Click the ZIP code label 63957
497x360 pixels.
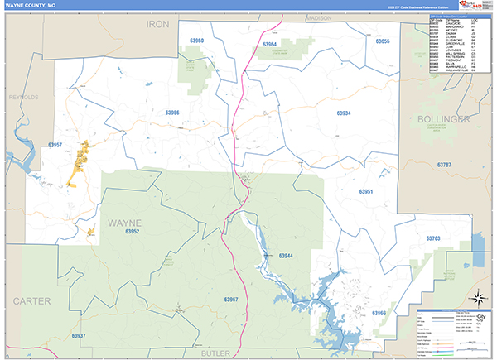tap(55, 146)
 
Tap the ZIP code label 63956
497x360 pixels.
tap(172, 113)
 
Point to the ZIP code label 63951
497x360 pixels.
tap(366, 191)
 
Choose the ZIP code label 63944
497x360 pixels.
tap(286, 256)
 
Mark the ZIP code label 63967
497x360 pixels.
tap(231, 299)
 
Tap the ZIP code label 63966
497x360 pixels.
tap(379, 313)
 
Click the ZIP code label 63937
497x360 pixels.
tap(79, 335)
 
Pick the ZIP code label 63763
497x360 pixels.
tap(435, 238)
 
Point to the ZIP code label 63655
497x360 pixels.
tap(382, 41)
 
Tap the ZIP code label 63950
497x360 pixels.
tap(196, 40)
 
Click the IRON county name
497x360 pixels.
tap(157, 25)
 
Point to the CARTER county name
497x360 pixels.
tap(31, 300)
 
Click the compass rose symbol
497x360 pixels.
tap(477, 298)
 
